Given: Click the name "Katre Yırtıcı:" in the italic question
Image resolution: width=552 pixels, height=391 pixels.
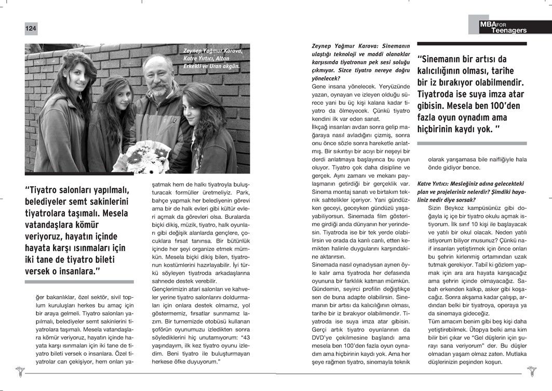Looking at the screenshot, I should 436,184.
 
